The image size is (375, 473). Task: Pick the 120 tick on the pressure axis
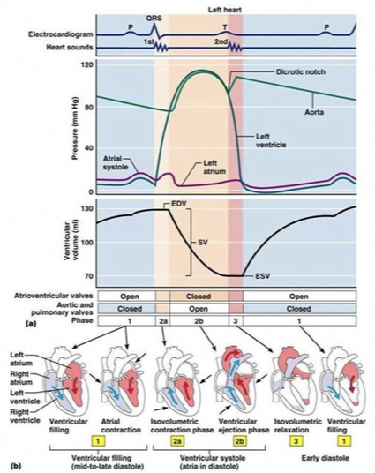click(x=87, y=65)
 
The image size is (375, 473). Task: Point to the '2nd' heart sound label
click(x=221, y=41)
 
